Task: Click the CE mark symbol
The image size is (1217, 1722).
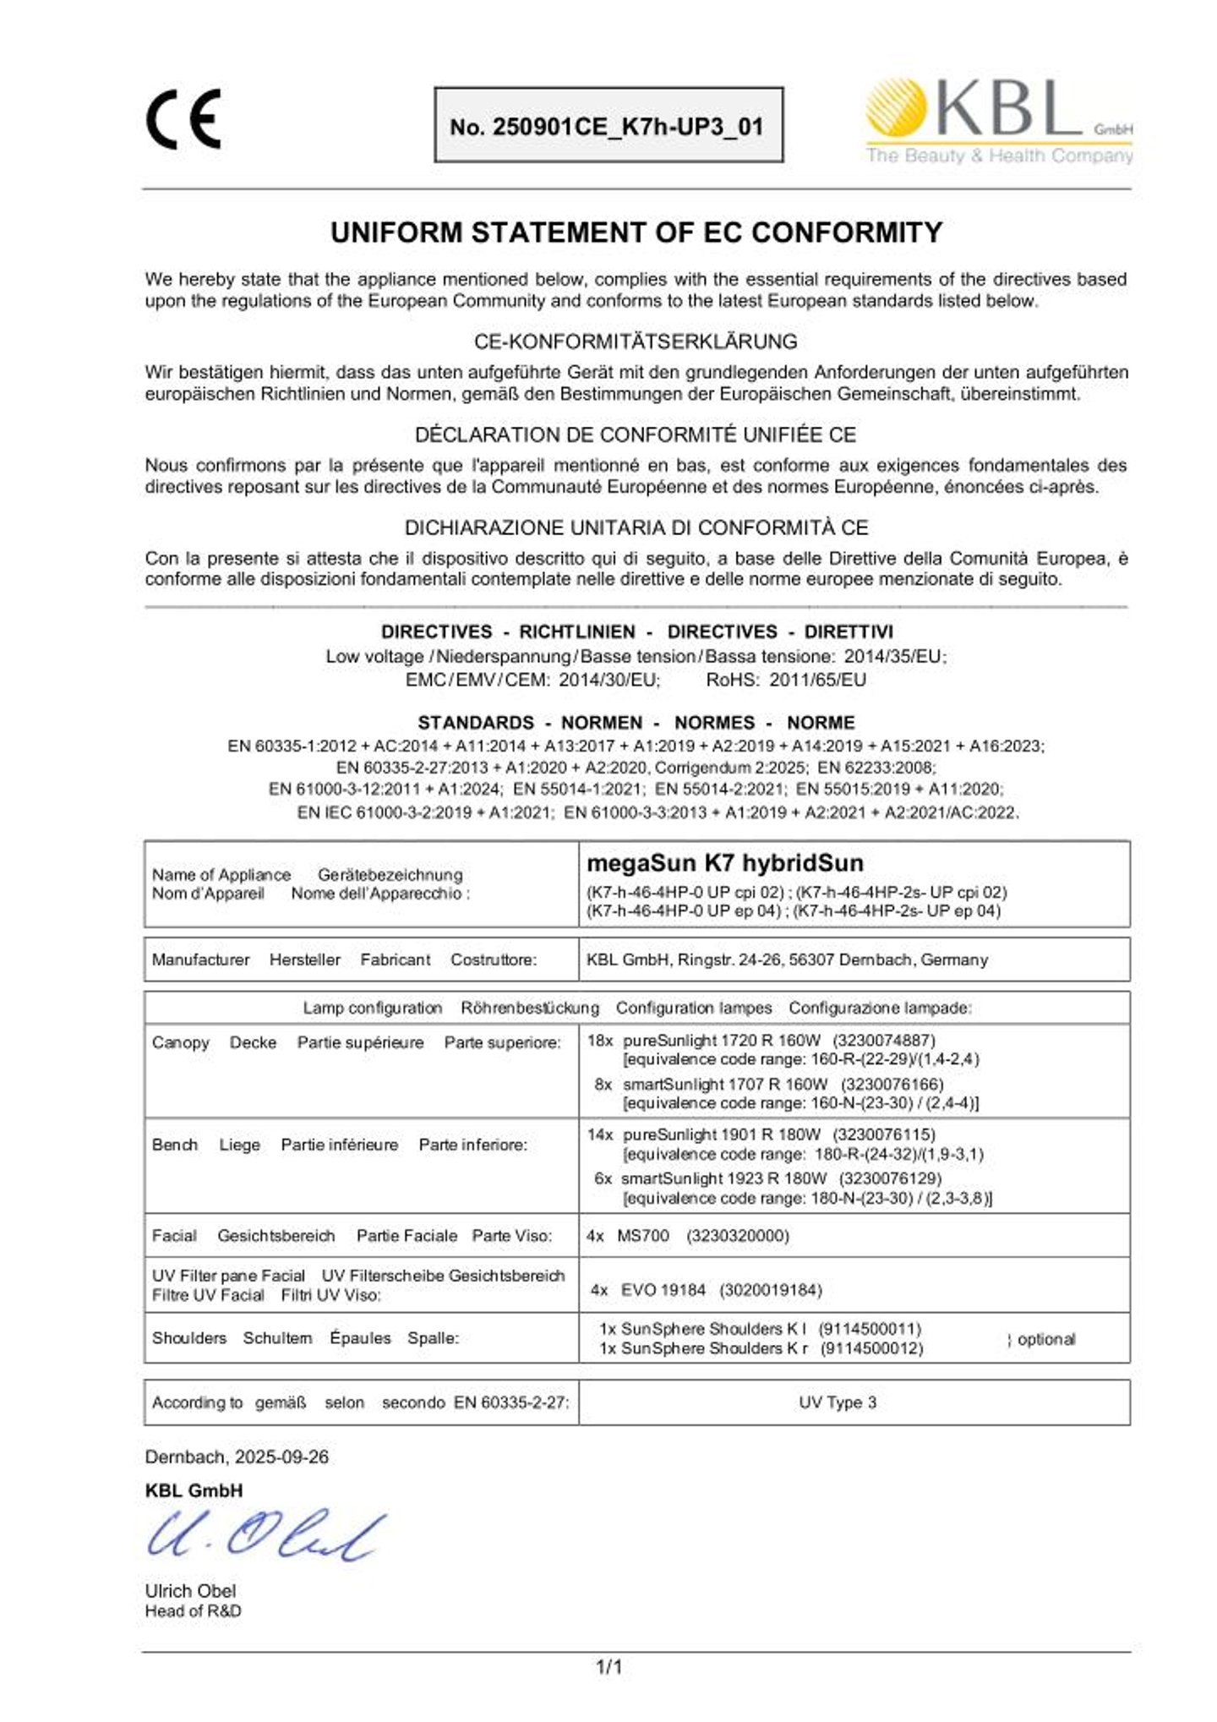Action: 183,119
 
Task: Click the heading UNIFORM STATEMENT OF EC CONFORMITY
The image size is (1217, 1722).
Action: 636,232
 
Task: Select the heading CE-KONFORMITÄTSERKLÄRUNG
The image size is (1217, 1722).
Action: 636,342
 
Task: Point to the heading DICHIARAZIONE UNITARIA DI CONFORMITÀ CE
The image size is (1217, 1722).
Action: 636,528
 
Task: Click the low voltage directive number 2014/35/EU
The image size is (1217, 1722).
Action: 894,656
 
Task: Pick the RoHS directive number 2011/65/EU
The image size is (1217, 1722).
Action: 817,680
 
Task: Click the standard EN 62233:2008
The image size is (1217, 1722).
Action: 876,768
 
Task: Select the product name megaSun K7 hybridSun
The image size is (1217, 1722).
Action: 724,863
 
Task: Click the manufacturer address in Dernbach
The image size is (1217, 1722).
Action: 786,959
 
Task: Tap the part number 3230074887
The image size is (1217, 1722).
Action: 883,1041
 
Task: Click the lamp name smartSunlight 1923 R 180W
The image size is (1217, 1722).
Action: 723,1178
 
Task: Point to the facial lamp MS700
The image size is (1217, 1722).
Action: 642,1236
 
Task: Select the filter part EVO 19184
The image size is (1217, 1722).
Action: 663,1290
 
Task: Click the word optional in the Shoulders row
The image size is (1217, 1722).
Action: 1046,1339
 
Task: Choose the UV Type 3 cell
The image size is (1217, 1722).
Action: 837,1402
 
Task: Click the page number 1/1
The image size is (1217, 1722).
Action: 608,1667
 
